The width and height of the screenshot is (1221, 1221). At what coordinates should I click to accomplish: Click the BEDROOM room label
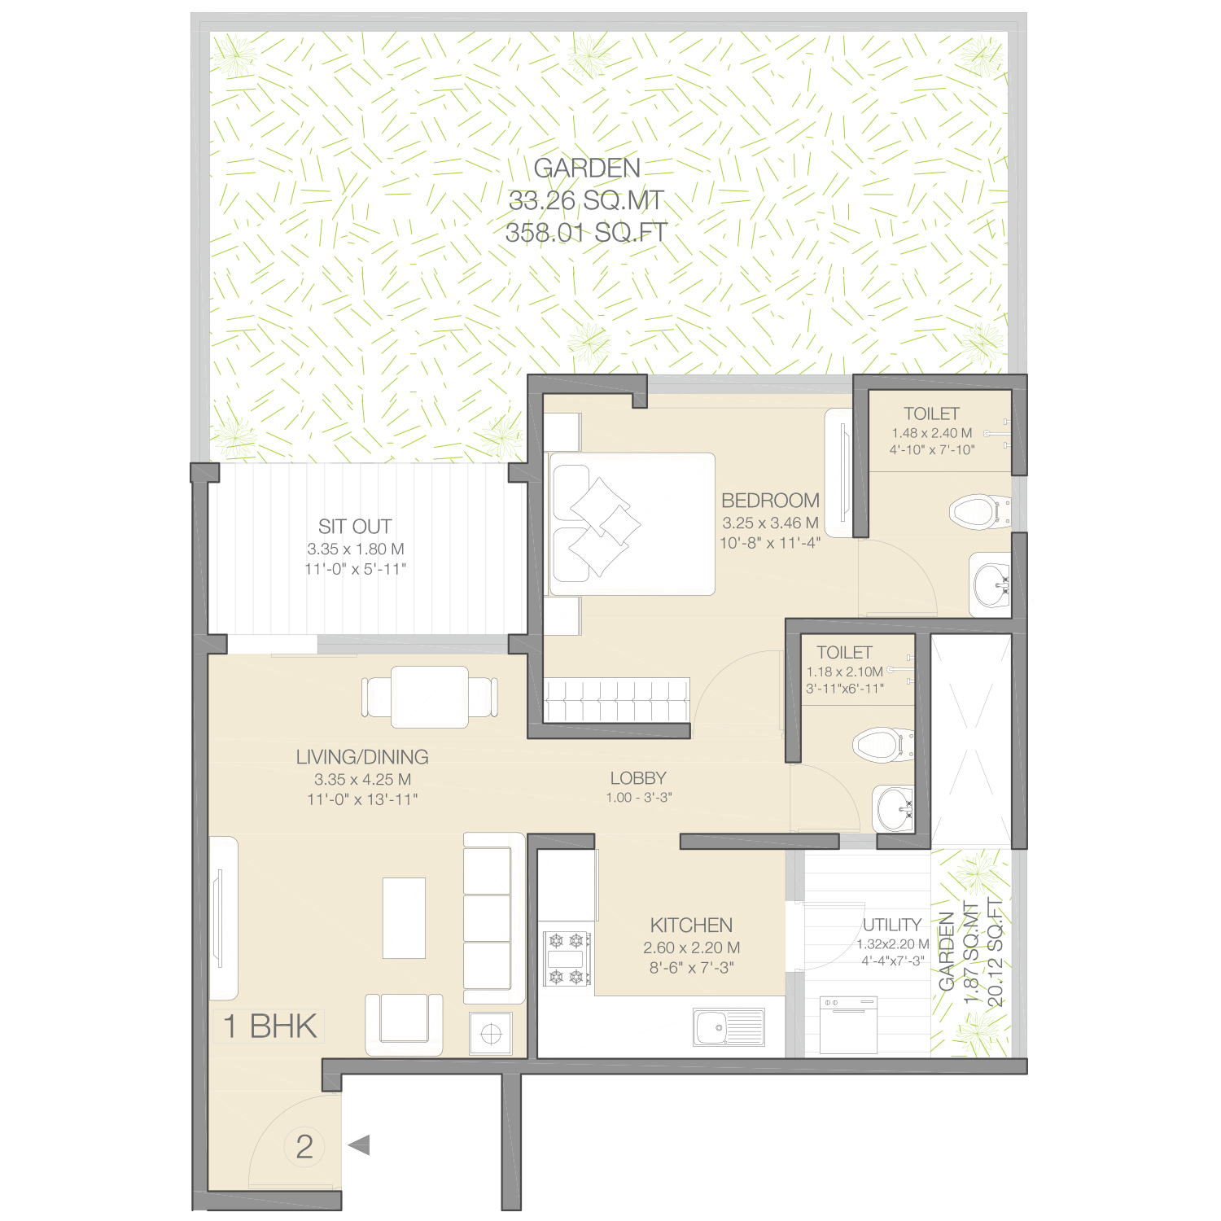(x=770, y=500)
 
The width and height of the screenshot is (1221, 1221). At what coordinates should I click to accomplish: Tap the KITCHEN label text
(x=691, y=925)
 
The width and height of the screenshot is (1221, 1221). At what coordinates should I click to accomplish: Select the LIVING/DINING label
(x=362, y=757)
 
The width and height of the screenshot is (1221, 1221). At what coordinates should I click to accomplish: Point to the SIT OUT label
(x=355, y=527)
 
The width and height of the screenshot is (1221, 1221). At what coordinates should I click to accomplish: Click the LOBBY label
(x=638, y=778)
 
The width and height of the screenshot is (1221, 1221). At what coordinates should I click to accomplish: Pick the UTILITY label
(x=892, y=925)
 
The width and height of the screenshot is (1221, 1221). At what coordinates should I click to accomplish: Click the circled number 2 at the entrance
(x=304, y=1146)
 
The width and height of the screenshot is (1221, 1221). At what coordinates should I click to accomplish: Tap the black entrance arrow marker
(x=359, y=1145)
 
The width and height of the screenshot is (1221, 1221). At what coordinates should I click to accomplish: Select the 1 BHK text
(x=270, y=1026)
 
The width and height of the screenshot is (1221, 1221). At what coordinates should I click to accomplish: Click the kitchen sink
(x=729, y=1026)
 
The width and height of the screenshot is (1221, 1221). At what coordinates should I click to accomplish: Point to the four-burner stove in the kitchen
(x=567, y=958)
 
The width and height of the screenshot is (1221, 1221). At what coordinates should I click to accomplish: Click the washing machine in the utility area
(x=848, y=1024)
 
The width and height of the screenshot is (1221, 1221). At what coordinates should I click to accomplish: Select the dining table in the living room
(x=430, y=697)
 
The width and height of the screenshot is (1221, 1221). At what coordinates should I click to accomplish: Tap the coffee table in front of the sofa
(x=404, y=918)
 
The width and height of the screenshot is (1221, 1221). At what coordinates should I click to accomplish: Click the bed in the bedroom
(x=632, y=524)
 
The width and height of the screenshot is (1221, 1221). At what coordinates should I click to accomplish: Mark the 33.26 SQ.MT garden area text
(x=586, y=200)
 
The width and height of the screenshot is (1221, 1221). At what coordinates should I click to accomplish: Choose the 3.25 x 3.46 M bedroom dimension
(x=770, y=523)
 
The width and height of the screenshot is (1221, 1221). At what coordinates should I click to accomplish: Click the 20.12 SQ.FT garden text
(x=996, y=952)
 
